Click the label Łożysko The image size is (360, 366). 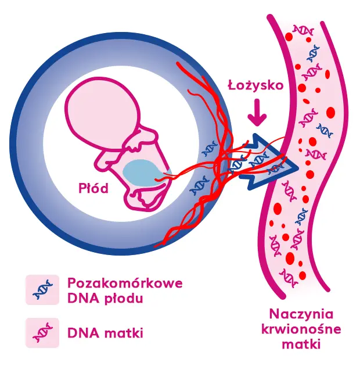[255, 86]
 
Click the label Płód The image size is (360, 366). [93, 188]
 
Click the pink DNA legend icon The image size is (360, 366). [42, 333]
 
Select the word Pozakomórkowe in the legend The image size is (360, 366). [125, 284]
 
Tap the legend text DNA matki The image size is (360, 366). [105, 333]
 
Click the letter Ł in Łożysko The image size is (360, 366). [232, 85]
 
